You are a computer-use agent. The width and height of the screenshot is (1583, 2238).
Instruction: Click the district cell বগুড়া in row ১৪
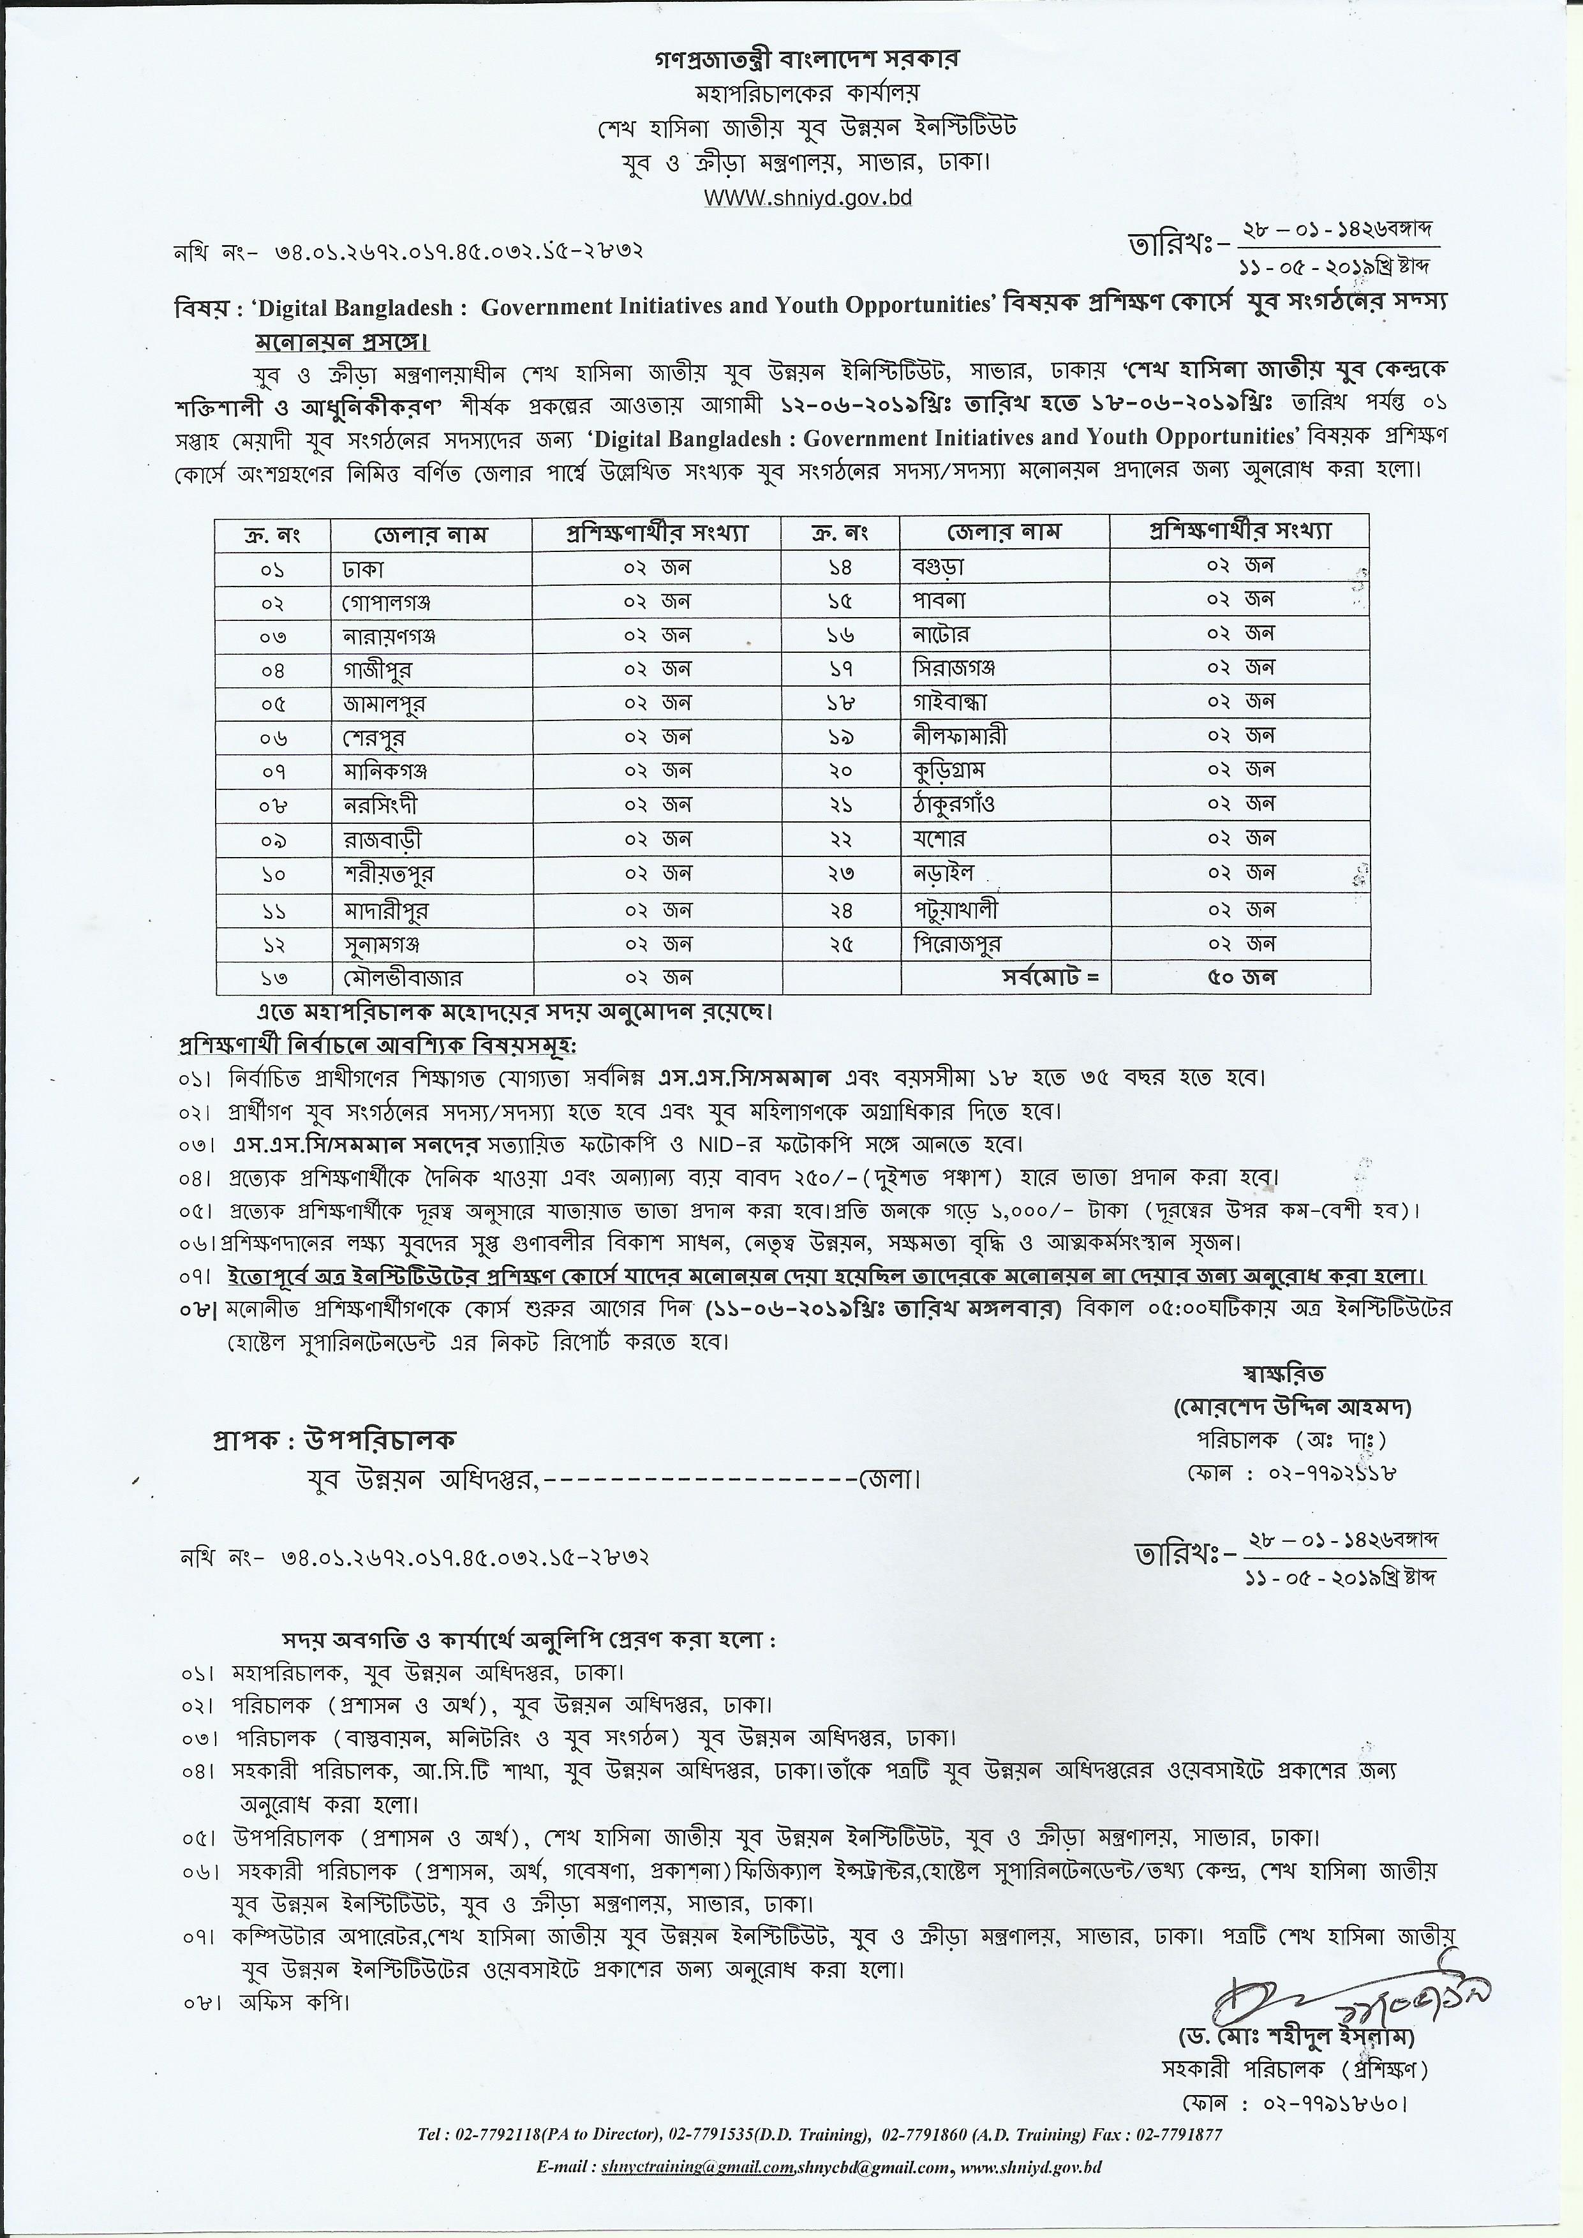click(938, 565)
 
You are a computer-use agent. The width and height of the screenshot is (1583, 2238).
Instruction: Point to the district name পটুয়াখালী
click(955, 909)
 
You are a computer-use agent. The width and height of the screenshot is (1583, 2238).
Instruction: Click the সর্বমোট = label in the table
click(1050, 978)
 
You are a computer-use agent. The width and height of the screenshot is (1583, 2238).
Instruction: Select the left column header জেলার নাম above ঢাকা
click(430, 534)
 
